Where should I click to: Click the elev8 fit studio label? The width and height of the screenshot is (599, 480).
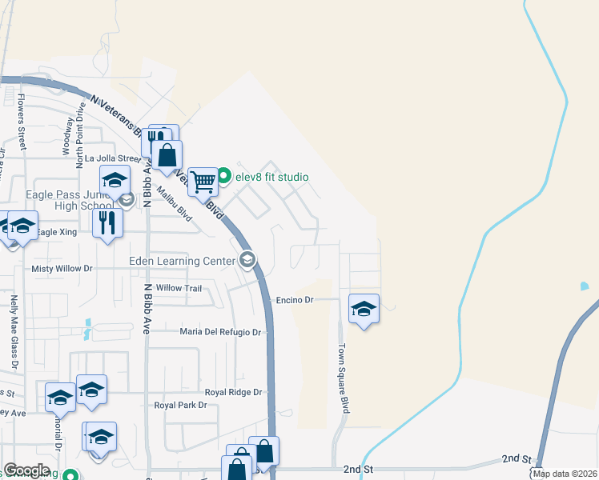271,177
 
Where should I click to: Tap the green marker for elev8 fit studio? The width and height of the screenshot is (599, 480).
225,177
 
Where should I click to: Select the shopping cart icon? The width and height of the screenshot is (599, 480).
203,182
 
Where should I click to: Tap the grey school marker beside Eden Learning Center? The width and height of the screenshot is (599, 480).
247,259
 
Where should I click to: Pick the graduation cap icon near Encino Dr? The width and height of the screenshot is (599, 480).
364,308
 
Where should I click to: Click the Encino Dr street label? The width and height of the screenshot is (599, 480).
294,300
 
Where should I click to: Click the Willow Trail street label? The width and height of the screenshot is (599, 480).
179,288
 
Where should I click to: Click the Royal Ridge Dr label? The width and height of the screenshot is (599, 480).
234,392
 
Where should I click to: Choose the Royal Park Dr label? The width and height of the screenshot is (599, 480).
180,406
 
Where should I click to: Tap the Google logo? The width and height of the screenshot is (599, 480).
26,470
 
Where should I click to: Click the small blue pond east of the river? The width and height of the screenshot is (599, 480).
584,286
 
